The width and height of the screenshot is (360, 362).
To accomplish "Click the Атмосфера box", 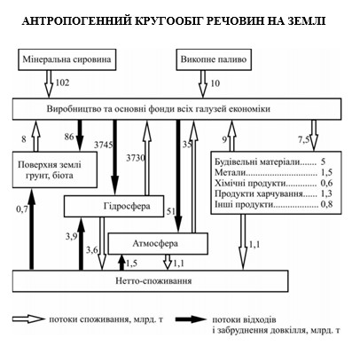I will (x=157, y=241).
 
